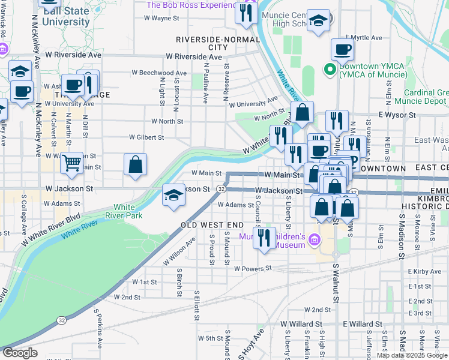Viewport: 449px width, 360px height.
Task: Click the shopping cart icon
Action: [x=72, y=162]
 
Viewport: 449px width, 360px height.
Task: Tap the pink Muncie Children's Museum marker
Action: [x=312, y=241]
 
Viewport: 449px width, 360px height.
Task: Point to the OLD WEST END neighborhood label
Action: [x=212, y=225]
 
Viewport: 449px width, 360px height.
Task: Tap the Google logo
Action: [x=20, y=353]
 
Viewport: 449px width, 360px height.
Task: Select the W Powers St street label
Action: [x=253, y=269]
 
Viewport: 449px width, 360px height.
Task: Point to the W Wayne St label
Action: [x=161, y=18]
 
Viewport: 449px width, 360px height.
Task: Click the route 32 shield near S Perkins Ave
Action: [x=62, y=338]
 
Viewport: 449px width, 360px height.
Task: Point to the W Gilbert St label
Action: [x=147, y=137]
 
